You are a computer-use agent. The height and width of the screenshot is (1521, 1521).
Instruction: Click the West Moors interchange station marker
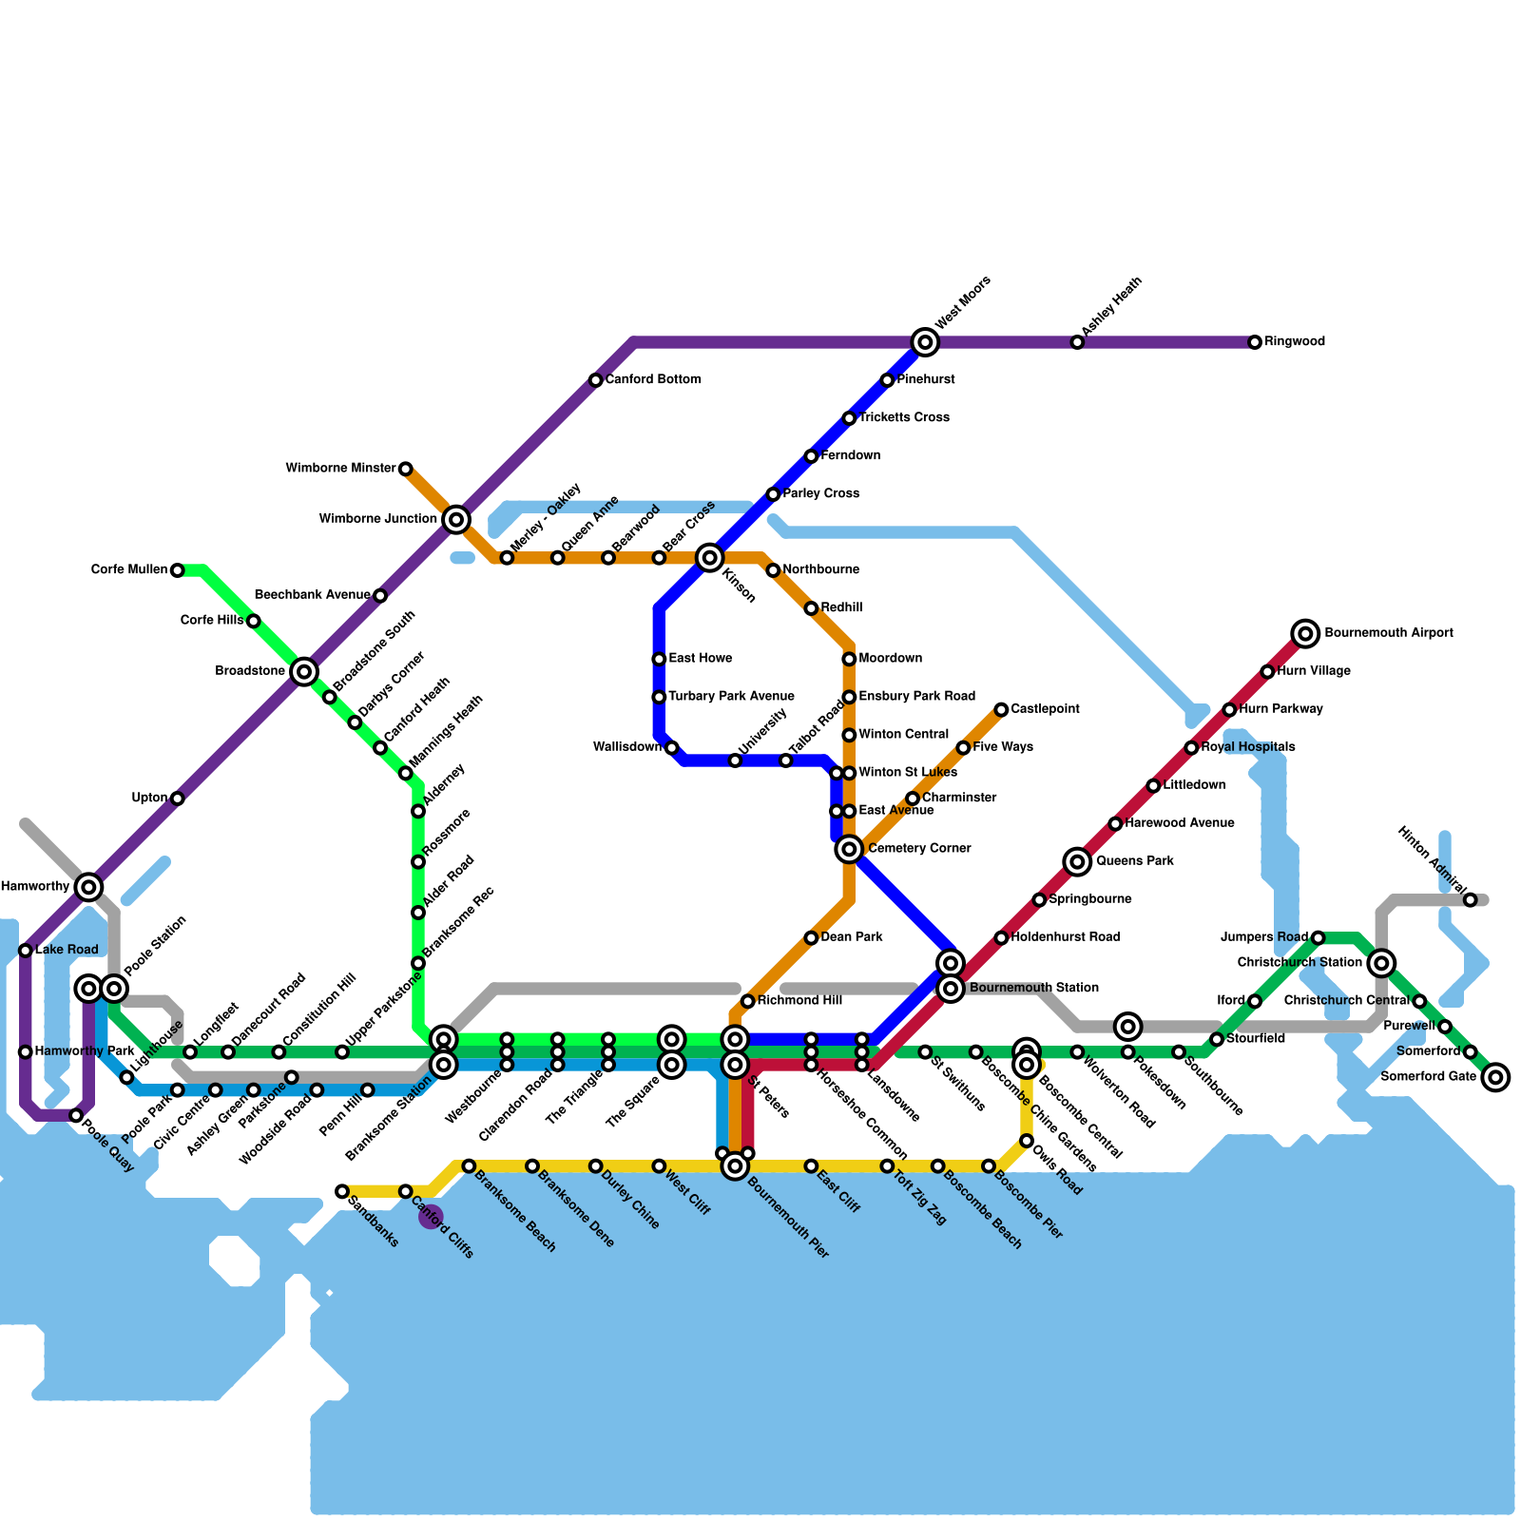[x=925, y=342]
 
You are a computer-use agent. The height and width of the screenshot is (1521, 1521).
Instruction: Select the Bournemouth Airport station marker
[x=1306, y=633]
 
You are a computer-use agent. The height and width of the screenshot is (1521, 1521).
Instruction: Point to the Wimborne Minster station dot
[x=406, y=469]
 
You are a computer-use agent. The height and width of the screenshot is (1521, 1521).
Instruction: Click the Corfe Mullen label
[x=129, y=570]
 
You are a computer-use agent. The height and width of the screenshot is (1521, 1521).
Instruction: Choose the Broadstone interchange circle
[x=304, y=672]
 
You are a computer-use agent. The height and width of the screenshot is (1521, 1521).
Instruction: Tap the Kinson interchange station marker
[x=709, y=558]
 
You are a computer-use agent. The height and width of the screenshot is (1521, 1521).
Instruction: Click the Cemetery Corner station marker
[x=849, y=849]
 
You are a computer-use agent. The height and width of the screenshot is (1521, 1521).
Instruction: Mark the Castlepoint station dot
[x=1001, y=710]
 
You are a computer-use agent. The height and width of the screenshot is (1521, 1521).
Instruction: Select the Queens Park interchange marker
[x=1077, y=862]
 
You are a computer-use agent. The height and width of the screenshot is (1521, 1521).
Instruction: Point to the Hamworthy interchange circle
[x=89, y=887]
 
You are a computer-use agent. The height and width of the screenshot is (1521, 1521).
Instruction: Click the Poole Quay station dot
[x=76, y=1116]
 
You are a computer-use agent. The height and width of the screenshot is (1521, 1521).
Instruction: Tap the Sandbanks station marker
[x=342, y=1192]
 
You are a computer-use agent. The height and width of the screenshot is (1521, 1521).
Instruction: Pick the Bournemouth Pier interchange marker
[x=735, y=1165]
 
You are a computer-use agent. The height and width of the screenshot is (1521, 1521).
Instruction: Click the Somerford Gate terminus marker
[x=1496, y=1077]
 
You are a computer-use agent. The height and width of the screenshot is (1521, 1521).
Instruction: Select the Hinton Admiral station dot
[x=1471, y=900]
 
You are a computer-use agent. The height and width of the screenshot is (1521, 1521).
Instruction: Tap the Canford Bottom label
[x=653, y=380]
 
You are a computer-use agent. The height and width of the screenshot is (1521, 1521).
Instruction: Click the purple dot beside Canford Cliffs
[x=431, y=1217]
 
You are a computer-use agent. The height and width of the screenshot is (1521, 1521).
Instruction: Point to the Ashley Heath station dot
[x=1077, y=342]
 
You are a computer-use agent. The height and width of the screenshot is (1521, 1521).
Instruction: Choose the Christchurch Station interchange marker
[x=1383, y=963]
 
